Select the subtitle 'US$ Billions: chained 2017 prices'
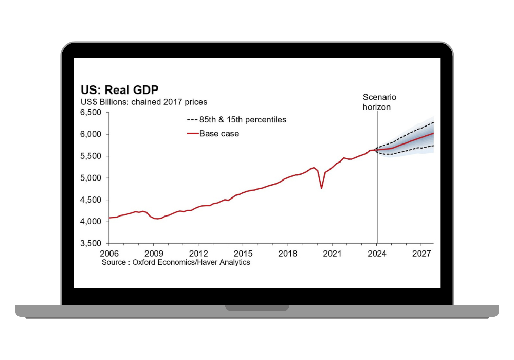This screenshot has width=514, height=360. pos(143,102)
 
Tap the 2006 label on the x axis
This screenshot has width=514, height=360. pos(109,254)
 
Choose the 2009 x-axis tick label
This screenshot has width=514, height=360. pos(154,254)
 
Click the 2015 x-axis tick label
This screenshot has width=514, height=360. pos(243,254)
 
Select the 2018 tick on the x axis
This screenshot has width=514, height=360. pos(288,254)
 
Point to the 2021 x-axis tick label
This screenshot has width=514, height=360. pos(333,254)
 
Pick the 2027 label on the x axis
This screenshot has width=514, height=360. pos(421,254)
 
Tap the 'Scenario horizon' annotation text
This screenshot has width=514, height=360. pos(379,102)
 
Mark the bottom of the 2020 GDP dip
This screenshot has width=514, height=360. pos(321,188)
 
